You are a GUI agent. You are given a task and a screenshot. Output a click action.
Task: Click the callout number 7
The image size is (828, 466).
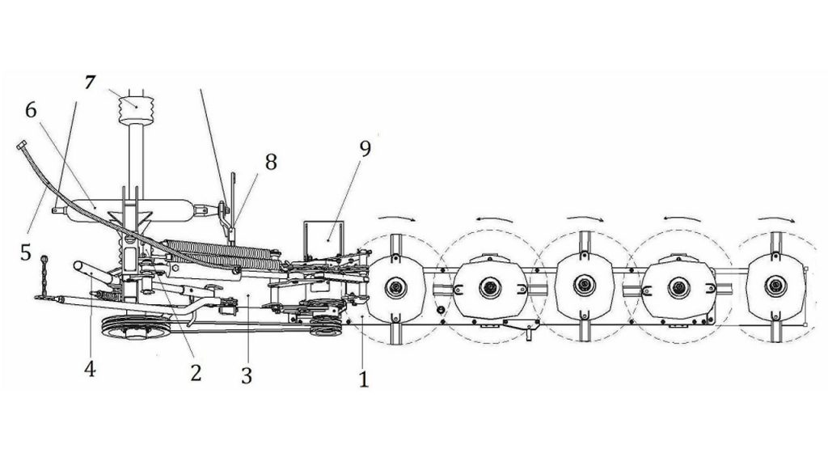point(90,83)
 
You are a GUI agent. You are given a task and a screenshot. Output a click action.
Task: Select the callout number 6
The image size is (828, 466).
point(31,111)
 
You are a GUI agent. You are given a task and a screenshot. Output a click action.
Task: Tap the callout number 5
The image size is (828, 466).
point(26,252)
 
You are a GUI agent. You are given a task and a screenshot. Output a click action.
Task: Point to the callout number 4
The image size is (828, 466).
point(90,369)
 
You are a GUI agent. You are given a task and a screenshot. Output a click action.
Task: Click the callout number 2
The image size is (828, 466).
point(196,373)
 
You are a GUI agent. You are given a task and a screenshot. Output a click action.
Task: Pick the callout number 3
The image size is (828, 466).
point(247,376)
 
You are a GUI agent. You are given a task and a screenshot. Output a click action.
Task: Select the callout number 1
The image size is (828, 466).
point(363,379)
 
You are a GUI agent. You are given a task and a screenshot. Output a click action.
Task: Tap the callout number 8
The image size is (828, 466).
point(271,162)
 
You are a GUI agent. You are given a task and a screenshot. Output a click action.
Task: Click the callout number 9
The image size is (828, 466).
point(365,149)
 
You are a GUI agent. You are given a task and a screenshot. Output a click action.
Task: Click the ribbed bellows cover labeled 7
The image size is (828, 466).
point(136,110)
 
